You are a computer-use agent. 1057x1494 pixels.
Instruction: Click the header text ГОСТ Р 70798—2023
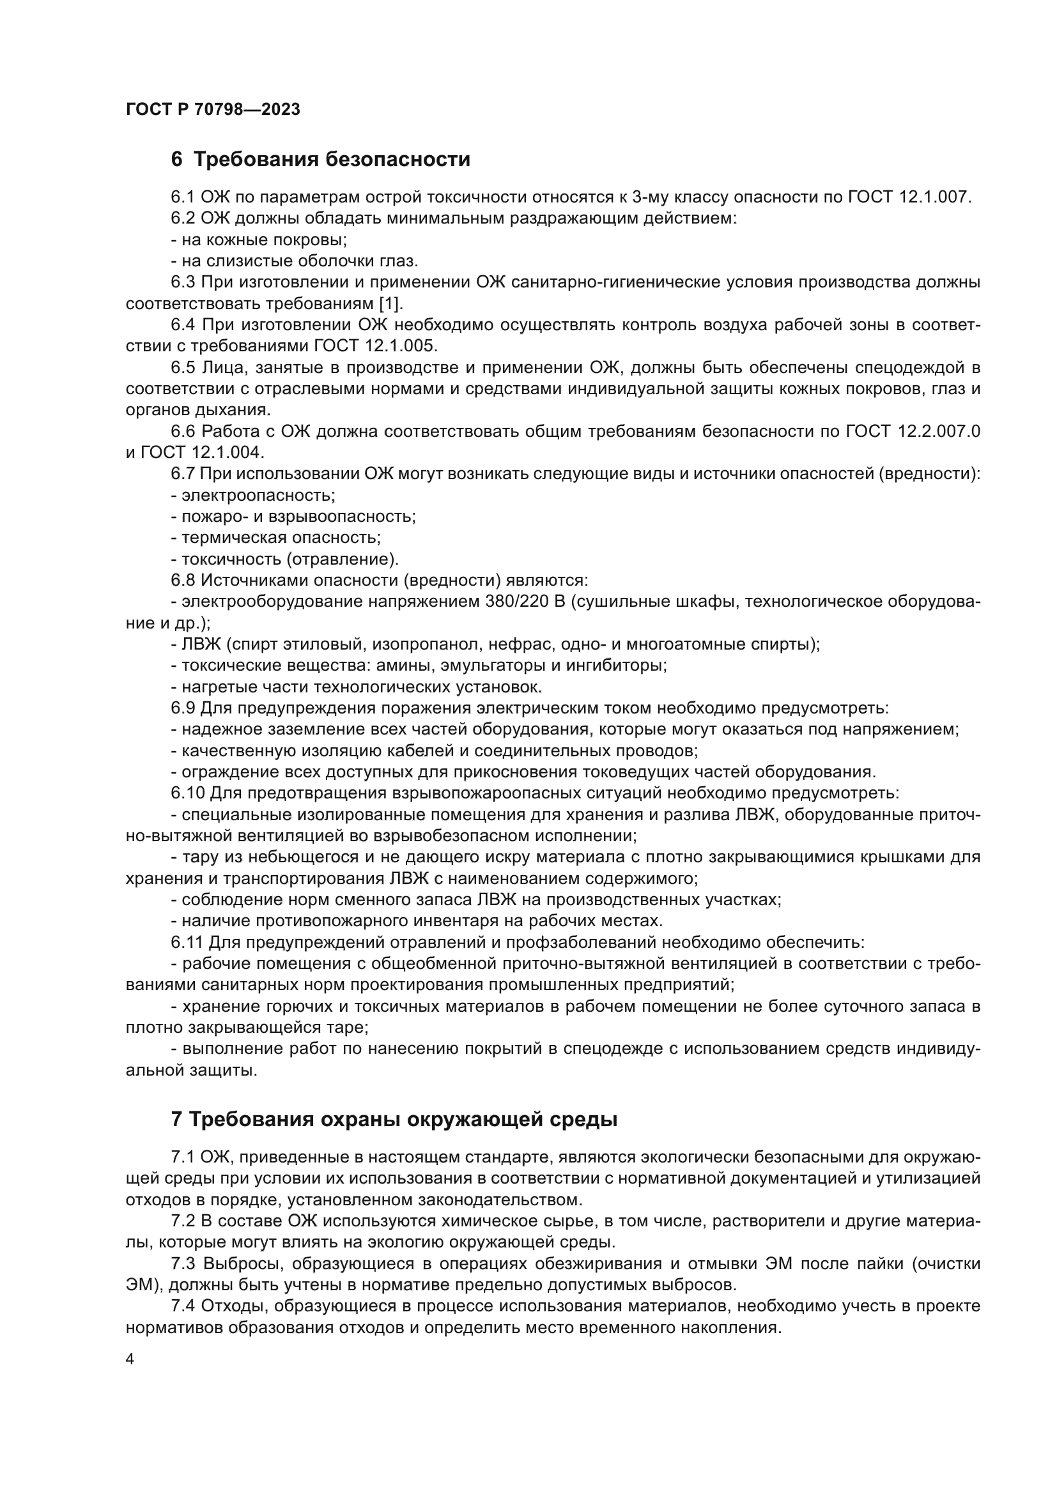click(213, 109)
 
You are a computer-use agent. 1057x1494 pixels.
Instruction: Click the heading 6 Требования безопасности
click(320, 159)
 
